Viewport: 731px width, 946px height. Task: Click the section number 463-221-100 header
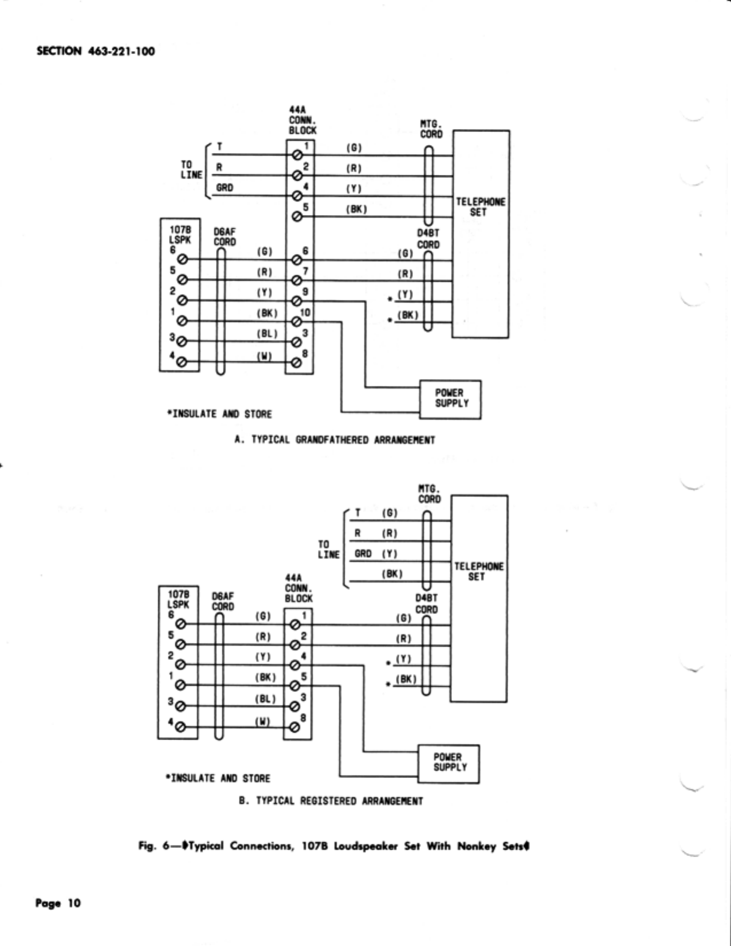coord(96,52)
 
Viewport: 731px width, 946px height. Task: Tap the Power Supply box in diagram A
coord(450,399)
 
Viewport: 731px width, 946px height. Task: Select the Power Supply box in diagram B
coord(449,764)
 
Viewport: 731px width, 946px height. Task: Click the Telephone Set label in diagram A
coord(481,207)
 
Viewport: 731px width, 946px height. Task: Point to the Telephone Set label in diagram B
coord(479,572)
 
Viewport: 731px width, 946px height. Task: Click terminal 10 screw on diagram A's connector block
coord(297,322)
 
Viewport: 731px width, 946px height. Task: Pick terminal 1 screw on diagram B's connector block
coord(294,625)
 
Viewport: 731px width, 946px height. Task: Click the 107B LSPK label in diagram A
coord(179,234)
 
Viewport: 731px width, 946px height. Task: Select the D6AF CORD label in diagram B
coord(223,601)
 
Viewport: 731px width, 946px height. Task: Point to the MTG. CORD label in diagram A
coord(431,129)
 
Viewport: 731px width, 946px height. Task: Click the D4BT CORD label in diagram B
coord(427,603)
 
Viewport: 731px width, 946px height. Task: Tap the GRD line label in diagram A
coord(225,187)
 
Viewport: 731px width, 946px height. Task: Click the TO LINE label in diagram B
coord(329,549)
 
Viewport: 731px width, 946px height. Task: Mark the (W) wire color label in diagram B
coord(262,721)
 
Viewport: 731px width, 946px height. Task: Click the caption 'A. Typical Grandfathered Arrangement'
coord(335,440)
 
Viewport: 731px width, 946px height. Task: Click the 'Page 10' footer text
coord(58,904)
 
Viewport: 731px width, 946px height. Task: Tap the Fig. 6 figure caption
coord(334,847)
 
